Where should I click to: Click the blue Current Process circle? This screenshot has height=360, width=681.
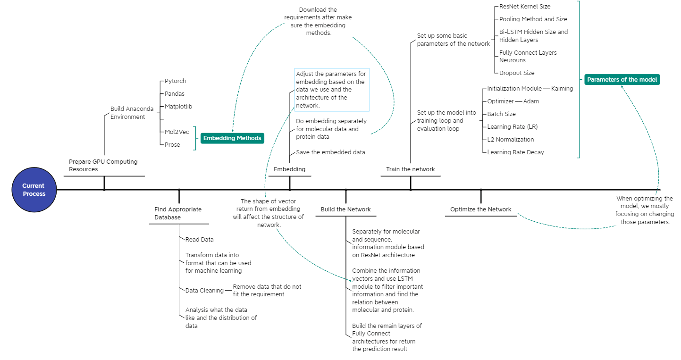click(34, 190)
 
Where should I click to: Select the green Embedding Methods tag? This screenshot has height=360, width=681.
click(232, 138)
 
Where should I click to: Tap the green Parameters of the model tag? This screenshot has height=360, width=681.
click(622, 80)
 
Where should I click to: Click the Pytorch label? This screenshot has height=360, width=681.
click(175, 81)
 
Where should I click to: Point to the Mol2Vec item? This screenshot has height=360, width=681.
click(177, 132)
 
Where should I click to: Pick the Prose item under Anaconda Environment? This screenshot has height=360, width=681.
click(172, 145)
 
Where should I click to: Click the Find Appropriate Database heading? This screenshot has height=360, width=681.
click(178, 213)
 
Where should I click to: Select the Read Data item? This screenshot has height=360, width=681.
click(199, 240)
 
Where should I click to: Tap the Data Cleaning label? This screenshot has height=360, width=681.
click(204, 291)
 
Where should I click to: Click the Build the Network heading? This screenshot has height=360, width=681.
click(345, 209)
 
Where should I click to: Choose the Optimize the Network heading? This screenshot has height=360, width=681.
click(480, 209)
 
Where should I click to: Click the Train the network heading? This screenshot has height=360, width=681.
click(410, 169)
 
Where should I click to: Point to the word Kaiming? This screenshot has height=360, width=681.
click(562, 89)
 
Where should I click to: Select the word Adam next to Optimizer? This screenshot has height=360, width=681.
click(531, 101)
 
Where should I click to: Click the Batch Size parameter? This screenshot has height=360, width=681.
click(501, 114)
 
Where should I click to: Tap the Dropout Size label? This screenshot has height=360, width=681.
click(517, 73)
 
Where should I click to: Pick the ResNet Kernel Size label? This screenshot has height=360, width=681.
click(525, 7)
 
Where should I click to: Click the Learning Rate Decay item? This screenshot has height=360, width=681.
click(515, 152)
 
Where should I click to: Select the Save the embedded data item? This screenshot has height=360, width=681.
click(330, 152)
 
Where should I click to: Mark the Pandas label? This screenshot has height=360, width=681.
click(175, 94)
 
